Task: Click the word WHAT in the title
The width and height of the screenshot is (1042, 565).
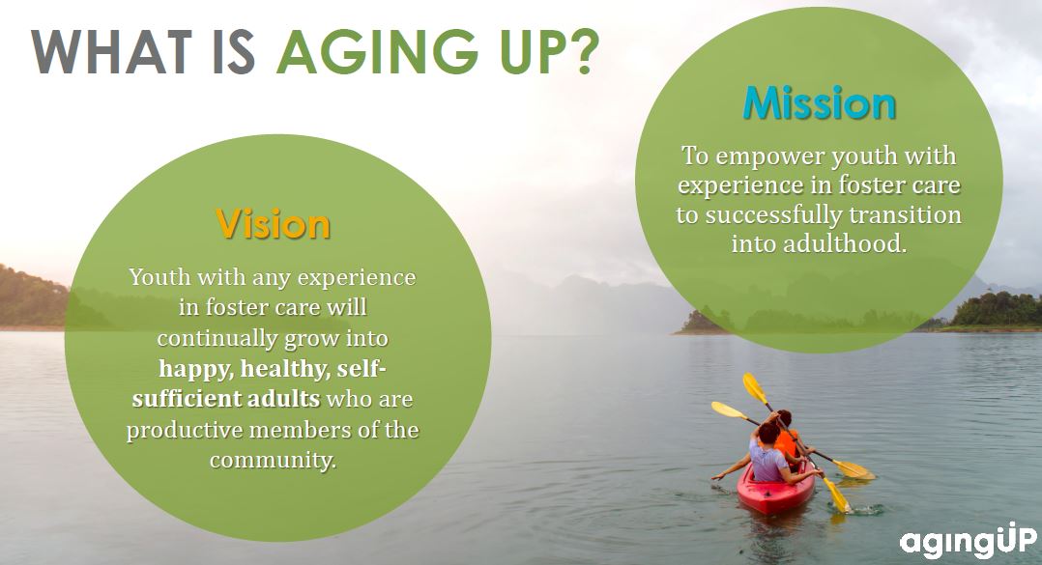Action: (111, 51)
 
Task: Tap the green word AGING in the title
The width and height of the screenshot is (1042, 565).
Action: (377, 51)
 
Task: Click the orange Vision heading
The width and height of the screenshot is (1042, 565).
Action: (274, 224)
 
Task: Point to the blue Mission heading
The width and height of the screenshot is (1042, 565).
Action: (820, 103)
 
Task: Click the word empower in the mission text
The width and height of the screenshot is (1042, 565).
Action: (769, 157)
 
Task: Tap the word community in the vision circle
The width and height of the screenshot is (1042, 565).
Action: (273, 460)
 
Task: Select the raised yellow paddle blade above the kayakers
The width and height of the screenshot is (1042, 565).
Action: (755, 387)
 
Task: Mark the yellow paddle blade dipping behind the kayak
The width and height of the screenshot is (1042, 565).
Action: (854, 468)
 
